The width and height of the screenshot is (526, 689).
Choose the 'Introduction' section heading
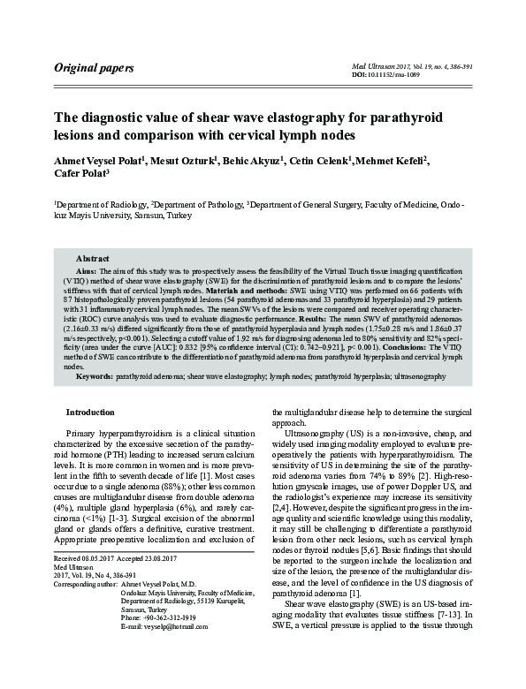tap(91, 412)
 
